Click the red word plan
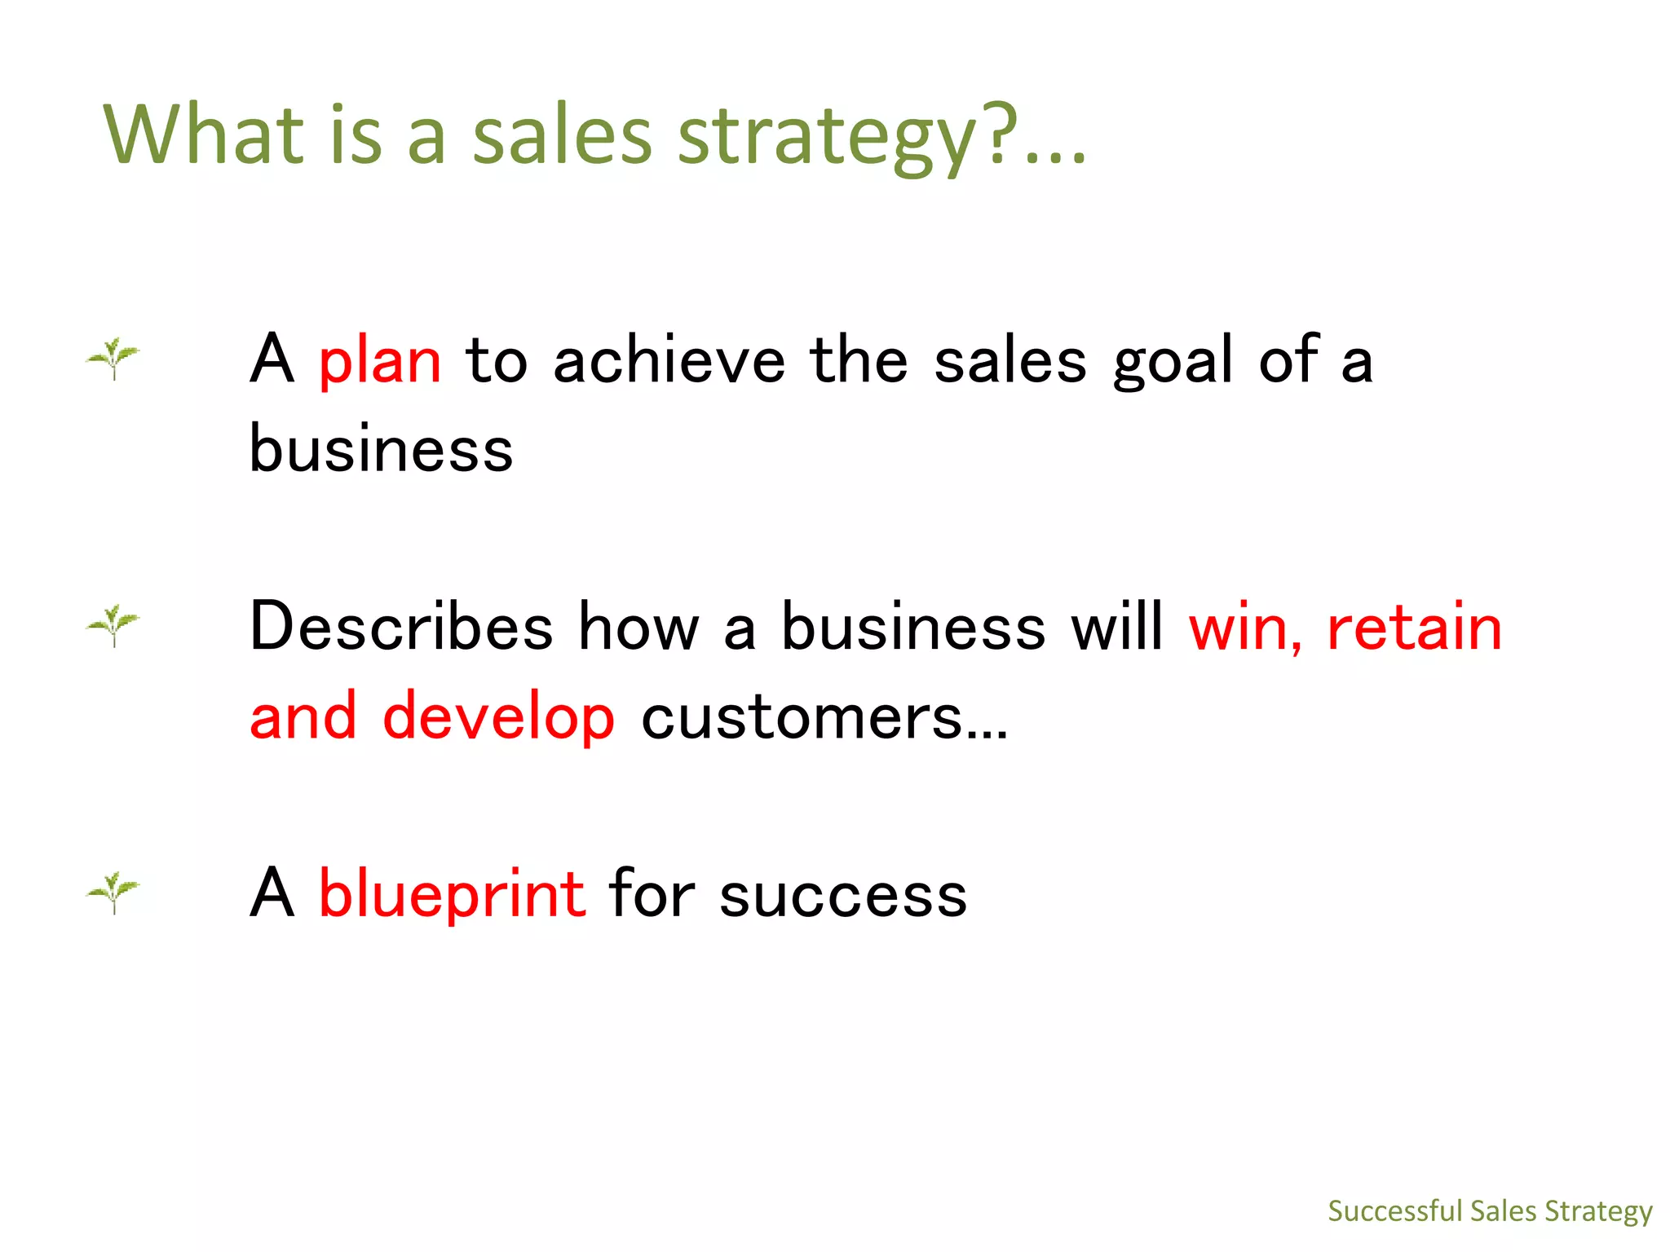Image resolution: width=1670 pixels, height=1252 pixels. tap(379, 361)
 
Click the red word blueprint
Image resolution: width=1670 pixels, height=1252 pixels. tap(451, 894)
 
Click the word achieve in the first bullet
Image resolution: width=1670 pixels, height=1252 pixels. tap(669, 361)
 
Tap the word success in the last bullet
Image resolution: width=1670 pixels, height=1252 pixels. tap(843, 895)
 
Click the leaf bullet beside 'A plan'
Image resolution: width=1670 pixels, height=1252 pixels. tap(113, 358)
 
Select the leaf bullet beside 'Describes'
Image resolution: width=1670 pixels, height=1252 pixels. tap(113, 625)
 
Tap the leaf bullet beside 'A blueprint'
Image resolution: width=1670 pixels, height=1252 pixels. tap(113, 893)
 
